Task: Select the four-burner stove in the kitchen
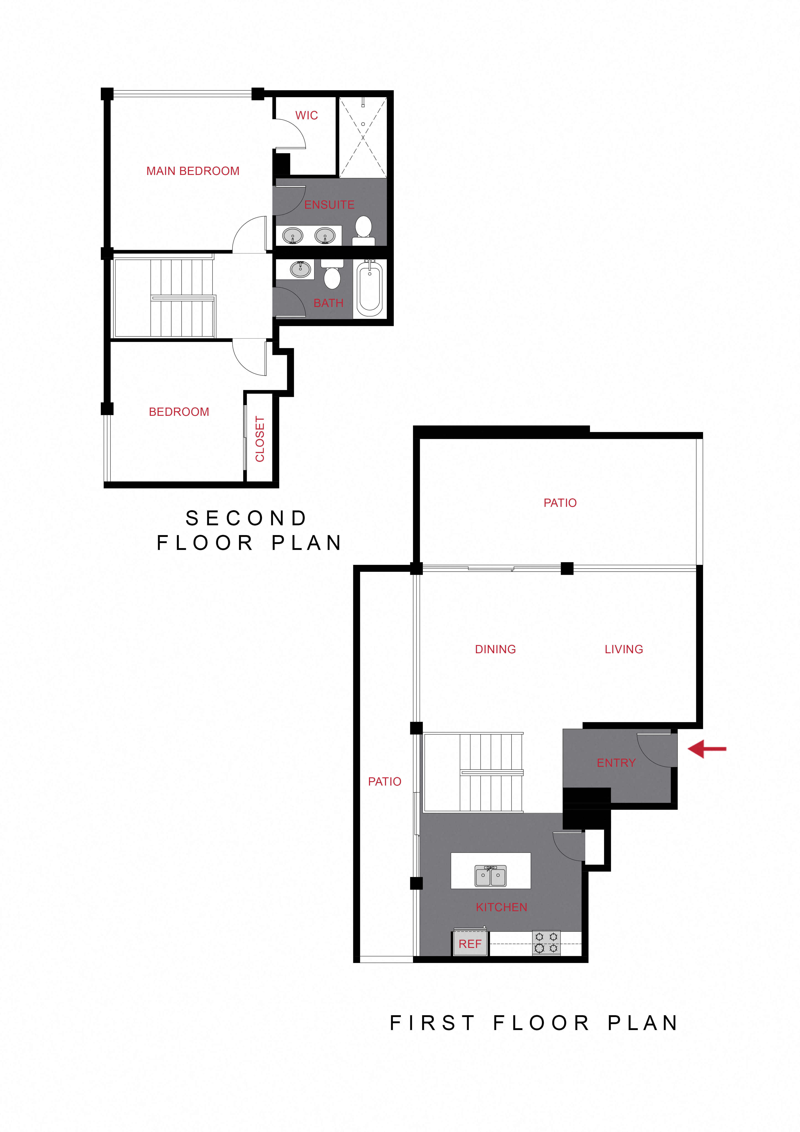tap(546, 942)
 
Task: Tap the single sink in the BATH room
tap(300, 269)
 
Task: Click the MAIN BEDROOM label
tap(193, 171)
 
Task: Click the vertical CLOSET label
tap(260, 439)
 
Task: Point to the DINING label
tap(495, 649)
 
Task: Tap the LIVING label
tap(623, 649)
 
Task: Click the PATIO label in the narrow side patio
tap(384, 781)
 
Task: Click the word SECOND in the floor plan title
tap(247, 518)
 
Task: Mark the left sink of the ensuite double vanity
tap(292, 236)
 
